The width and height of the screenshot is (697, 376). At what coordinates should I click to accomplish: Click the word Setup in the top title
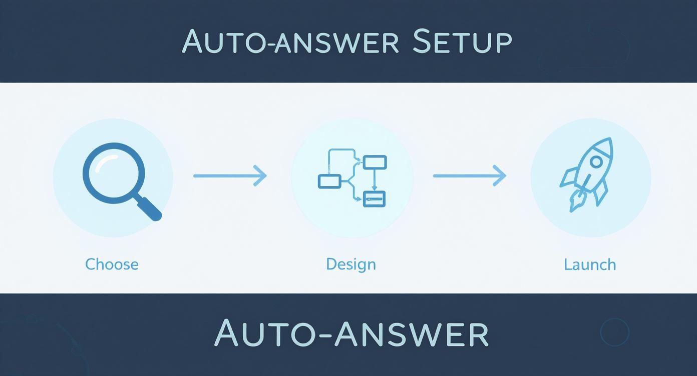click(x=462, y=42)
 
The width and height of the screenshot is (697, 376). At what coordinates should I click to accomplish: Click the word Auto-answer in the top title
click(x=290, y=42)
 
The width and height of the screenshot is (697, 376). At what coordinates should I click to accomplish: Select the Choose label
click(x=112, y=264)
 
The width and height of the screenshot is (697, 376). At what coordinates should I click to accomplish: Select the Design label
click(x=351, y=264)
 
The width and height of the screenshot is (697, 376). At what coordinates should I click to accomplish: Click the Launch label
click(x=590, y=264)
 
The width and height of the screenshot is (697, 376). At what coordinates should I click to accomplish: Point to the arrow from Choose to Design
click(x=230, y=175)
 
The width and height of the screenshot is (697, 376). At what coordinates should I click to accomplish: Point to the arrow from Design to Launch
click(x=469, y=175)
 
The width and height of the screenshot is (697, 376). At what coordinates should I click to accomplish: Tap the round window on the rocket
click(x=596, y=161)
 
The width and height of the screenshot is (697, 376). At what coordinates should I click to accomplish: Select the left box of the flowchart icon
click(x=329, y=181)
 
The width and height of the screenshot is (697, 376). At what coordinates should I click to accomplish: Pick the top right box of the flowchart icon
click(x=375, y=162)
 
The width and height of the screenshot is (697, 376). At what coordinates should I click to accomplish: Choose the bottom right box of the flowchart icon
click(x=374, y=199)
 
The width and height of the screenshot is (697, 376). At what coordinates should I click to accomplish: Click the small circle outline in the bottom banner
click(x=614, y=332)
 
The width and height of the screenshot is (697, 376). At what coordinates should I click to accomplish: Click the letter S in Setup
click(x=421, y=42)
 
